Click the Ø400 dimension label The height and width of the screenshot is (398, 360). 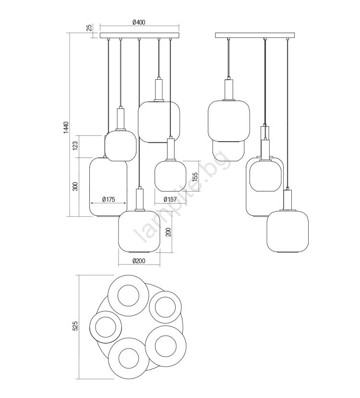(x=139, y=22)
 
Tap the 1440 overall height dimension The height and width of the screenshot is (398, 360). (x=66, y=128)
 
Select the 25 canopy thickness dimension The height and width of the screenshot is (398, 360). (x=89, y=27)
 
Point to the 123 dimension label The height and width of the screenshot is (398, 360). (x=75, y=146)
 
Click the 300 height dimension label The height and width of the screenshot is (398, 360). (x=75, y=187)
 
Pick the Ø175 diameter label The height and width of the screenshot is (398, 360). (x=108, y=200)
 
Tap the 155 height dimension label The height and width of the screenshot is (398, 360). (x=195, y=178)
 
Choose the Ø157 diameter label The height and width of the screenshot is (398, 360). (x=170, y=199)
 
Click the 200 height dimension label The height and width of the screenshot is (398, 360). (x=168, y=232)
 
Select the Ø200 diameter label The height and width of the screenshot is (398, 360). (x=139, y=261)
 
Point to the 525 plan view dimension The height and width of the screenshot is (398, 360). (x=75, y=326)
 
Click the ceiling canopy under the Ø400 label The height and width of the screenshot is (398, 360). (x=140, y=35)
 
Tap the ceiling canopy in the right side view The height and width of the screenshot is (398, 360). (x=255, y=35)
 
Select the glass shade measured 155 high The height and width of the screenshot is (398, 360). (x=170, y=176)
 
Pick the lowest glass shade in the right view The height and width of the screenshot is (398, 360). (x=288, y=231)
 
